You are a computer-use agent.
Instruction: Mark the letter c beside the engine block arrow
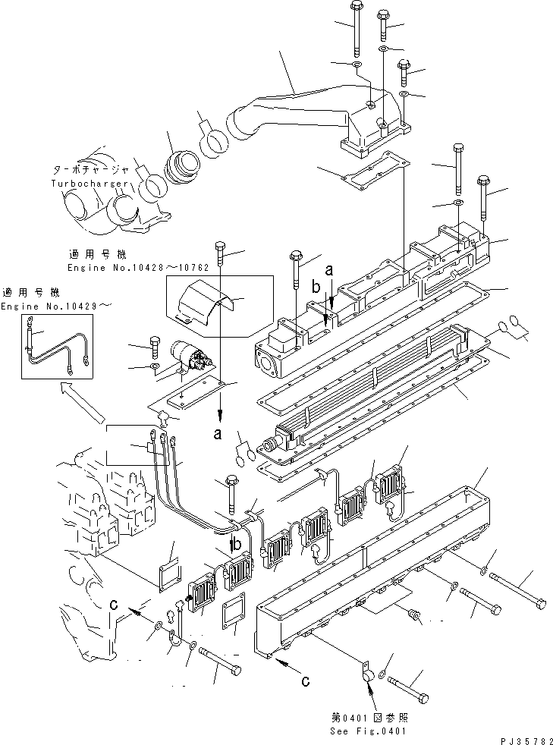[114, 604]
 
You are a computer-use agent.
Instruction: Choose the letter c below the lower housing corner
[304, 681]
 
